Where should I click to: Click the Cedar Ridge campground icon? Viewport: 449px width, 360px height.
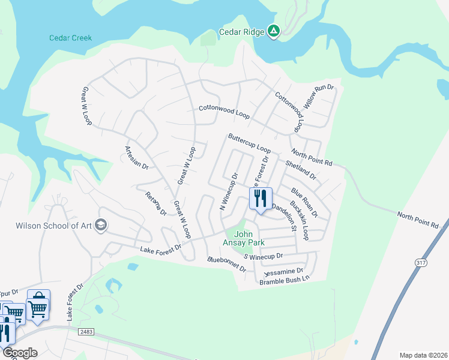pos(274,31)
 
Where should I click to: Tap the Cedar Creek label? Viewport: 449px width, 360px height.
pos(70,38)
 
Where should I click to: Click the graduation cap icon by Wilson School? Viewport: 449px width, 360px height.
pos(101,226)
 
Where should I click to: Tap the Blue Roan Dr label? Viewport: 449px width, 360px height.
pos(304,202)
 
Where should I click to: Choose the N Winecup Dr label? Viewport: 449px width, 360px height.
pos(229,192)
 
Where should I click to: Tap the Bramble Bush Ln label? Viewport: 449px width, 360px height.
pos(285,279)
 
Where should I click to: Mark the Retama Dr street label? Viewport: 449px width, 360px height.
pos(155,203)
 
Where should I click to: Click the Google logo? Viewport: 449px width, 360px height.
pos(19,352)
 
